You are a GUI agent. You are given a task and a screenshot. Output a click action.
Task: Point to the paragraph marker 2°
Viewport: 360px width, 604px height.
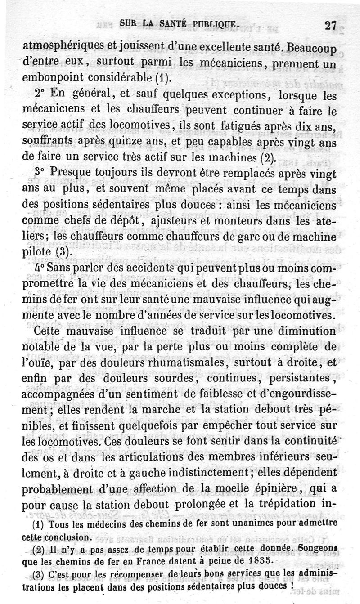click(41, 95)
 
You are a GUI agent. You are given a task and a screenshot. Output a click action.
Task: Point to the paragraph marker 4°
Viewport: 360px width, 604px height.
click(39, 268)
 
